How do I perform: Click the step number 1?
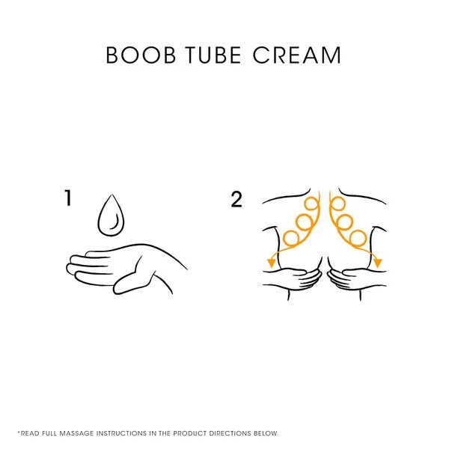click(x=69, y=198)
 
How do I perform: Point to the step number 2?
click(x=236, y=199)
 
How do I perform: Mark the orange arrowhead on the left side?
click(x=266, y=262)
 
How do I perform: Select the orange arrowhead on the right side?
click(x=378, y=262)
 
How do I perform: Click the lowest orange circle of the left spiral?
click(x=291, y=238)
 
